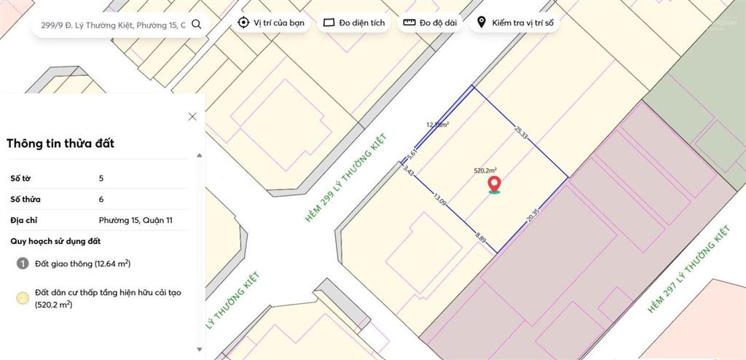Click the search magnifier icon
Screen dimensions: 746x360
(x=196, y=24)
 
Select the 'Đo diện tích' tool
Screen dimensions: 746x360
(x=354, y=23)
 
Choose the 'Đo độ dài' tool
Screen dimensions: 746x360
(x=430, y=23)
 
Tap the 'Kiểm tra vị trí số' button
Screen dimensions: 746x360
(x=514, y=23)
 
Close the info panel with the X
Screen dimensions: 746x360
(x=192, y=117)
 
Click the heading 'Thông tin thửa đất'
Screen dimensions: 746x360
(x=60, y=144)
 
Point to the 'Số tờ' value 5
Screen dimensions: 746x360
(x=101, y=178)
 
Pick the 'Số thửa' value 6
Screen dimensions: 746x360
(x=101, y=199)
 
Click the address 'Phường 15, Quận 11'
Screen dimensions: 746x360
(x=136, y=220)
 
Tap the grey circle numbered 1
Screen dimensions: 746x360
(x=22, y=264)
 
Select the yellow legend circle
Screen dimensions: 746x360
(x=23, y=297)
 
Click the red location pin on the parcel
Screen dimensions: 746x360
(x=494, y=184)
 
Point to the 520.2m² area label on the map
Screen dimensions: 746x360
(x=485, y=170)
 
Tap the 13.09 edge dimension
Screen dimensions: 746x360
(x=440, y=199)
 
